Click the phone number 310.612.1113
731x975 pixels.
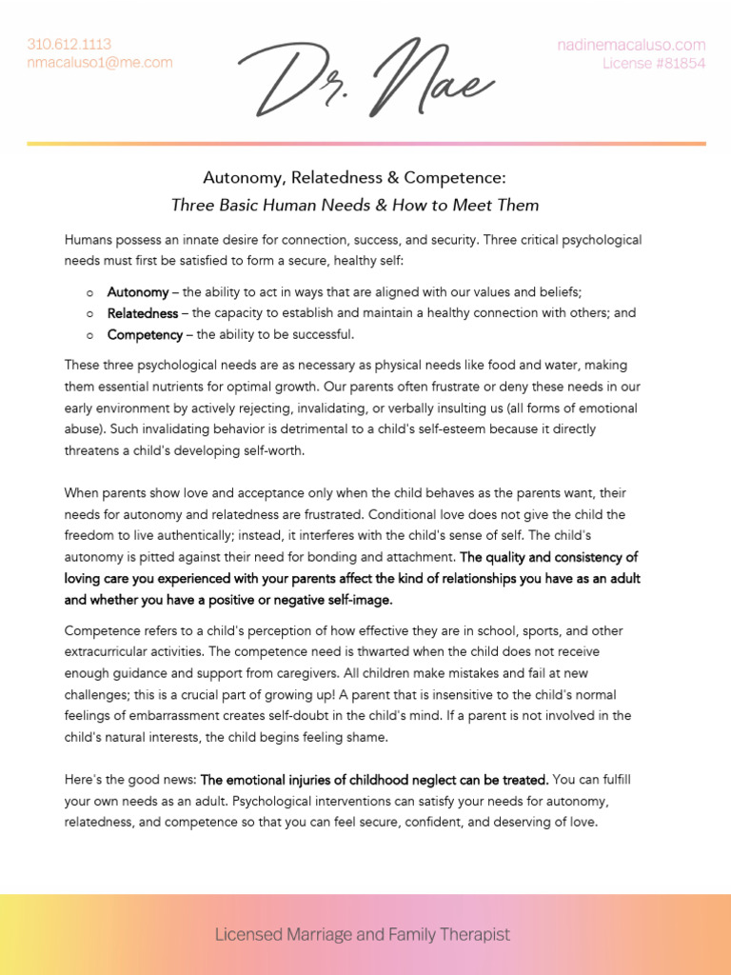click(x=69, y=44)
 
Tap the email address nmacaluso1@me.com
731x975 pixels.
click(x=100, y=63)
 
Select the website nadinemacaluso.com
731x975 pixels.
click(x=631, y=45)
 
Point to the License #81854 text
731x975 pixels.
click(x=654, y=64)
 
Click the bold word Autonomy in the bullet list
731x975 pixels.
click(x=138, y=292)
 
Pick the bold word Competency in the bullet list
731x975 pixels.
click(x=145, y=334)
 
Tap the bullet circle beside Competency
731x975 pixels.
click(x=89, y=335)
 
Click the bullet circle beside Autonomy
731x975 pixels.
click(x=89, y=293)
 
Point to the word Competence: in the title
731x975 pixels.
click(x=454, y=178)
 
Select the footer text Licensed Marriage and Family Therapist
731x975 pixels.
click(x=362, y=935)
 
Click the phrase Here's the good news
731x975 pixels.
click(x=129, y=780)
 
